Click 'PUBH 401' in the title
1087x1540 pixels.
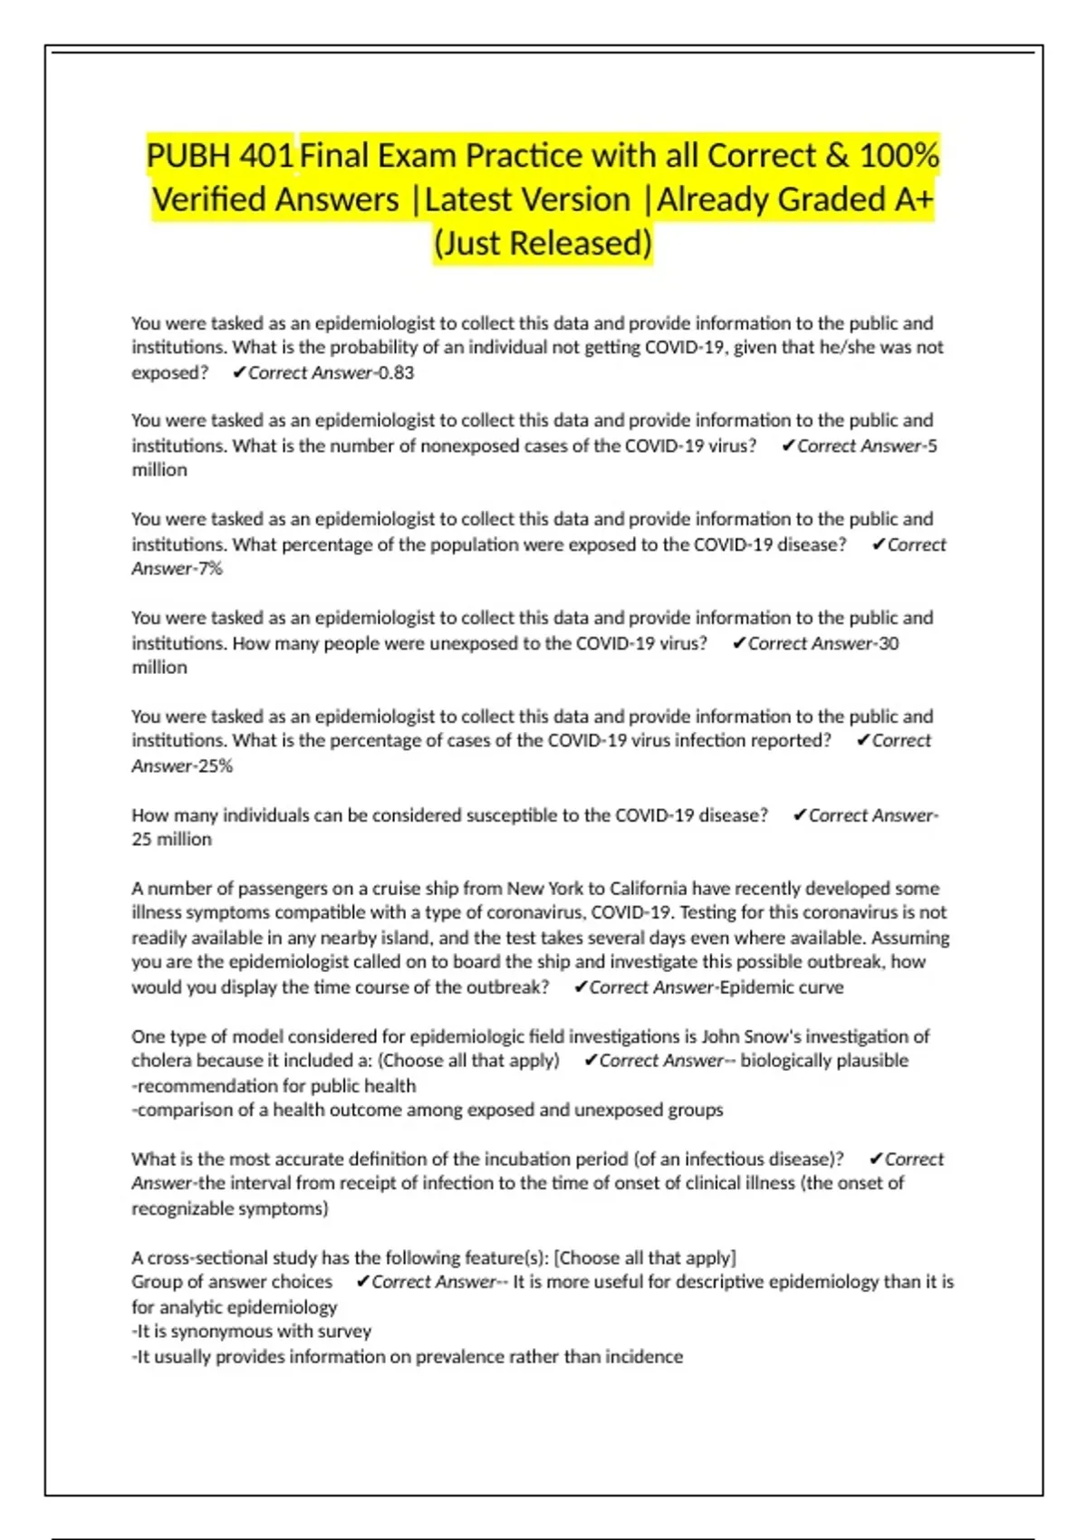tap(220, 156)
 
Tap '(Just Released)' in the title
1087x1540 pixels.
tap(543, 243)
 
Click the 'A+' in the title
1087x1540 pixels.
tap(913, 199)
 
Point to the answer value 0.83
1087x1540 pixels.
tap(396, 372)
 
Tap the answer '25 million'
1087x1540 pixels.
tap(171, 840)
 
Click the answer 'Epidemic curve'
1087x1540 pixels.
tap(781, 987)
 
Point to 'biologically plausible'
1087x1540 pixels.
tap(823, 1061)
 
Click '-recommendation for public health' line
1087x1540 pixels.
tap(274, 1086)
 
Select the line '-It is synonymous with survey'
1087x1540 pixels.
tap(252, 1332)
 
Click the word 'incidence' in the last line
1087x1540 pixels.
tap(644, 1357)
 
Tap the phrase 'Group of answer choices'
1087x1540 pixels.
tap(232, 1283)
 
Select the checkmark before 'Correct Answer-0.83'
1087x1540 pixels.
tap(239, 372)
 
